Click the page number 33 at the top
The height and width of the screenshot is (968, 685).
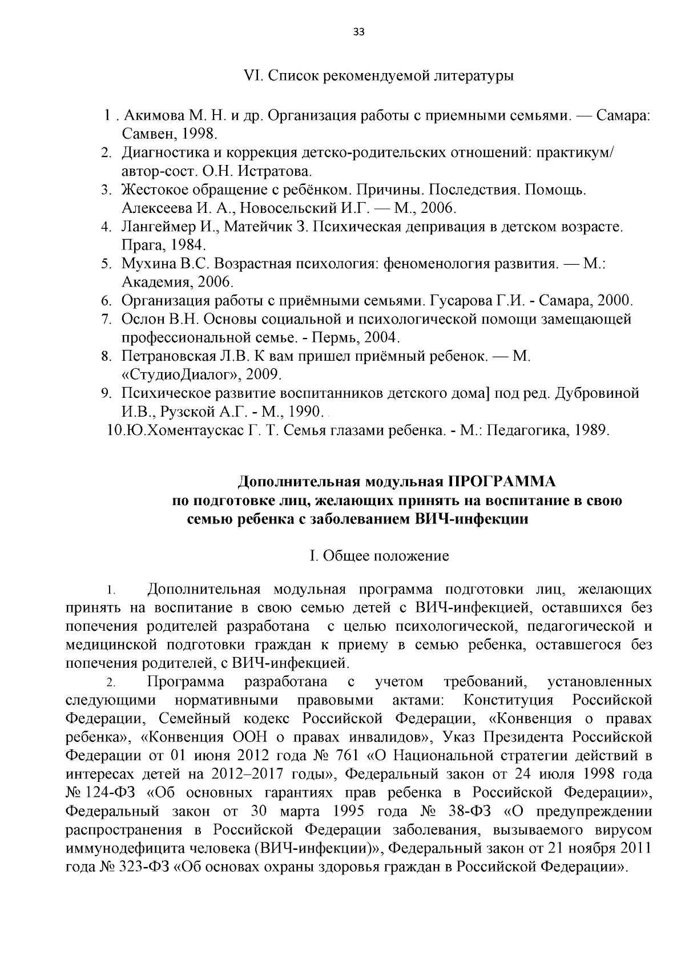pos(358,32)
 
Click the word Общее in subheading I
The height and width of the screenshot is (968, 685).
pos(344,556)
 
